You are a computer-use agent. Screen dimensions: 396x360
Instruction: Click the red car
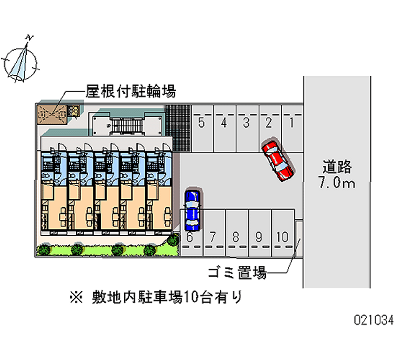(278, 159)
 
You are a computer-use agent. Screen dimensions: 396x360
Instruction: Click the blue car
(193, 210)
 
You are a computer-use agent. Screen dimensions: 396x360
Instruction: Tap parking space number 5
(202, 129)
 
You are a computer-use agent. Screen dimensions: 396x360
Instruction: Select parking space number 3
(247, 129)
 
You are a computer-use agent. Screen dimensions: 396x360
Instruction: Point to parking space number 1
(292, 129)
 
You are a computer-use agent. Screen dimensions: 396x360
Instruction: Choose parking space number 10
(283, 233)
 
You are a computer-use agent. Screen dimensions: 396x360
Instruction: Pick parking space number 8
(237, 233)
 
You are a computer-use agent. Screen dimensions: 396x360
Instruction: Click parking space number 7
(214, 233)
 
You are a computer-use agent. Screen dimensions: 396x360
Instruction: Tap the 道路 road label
(337, 166)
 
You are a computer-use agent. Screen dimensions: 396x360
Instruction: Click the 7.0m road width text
(337, 182)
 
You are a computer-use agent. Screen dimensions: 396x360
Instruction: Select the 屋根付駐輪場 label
(131, 91)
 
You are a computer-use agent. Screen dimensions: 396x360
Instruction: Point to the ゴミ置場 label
(237, 273)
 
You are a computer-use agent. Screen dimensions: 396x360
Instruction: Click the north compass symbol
(21, 63)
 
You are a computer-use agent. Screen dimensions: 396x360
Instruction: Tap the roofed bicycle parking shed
(52, 115)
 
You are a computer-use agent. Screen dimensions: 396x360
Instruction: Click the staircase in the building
(127, 126)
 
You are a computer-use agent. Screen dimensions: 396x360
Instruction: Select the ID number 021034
(374, 320)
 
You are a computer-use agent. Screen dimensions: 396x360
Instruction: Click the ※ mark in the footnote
(76, 297)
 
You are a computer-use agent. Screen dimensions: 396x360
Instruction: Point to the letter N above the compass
(29, 38)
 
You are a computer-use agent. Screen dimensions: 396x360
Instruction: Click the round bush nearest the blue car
(173, 240)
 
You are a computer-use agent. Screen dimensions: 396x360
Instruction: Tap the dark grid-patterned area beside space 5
(178, 128)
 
